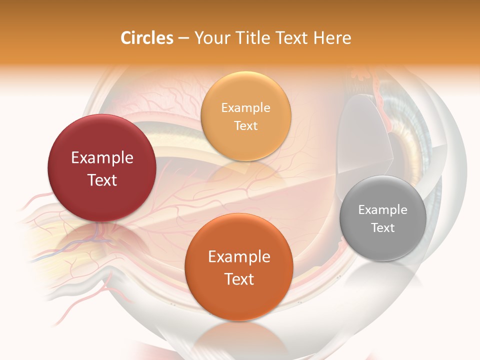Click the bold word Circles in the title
[147, 38]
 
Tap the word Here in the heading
[332, 38]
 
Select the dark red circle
[102, 168]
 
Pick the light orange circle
[245, 116]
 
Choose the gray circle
[383, 218]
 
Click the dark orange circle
[239, 267]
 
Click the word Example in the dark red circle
[102, 158]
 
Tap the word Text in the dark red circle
[102, 180]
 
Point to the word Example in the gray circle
[383, 210]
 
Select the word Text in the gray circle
[383, 228]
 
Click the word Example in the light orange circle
[245, 107]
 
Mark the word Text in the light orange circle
[245, 125]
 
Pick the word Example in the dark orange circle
[239, 257]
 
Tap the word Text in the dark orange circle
[239, 279]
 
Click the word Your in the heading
[210, 38]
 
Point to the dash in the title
[183, 38]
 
